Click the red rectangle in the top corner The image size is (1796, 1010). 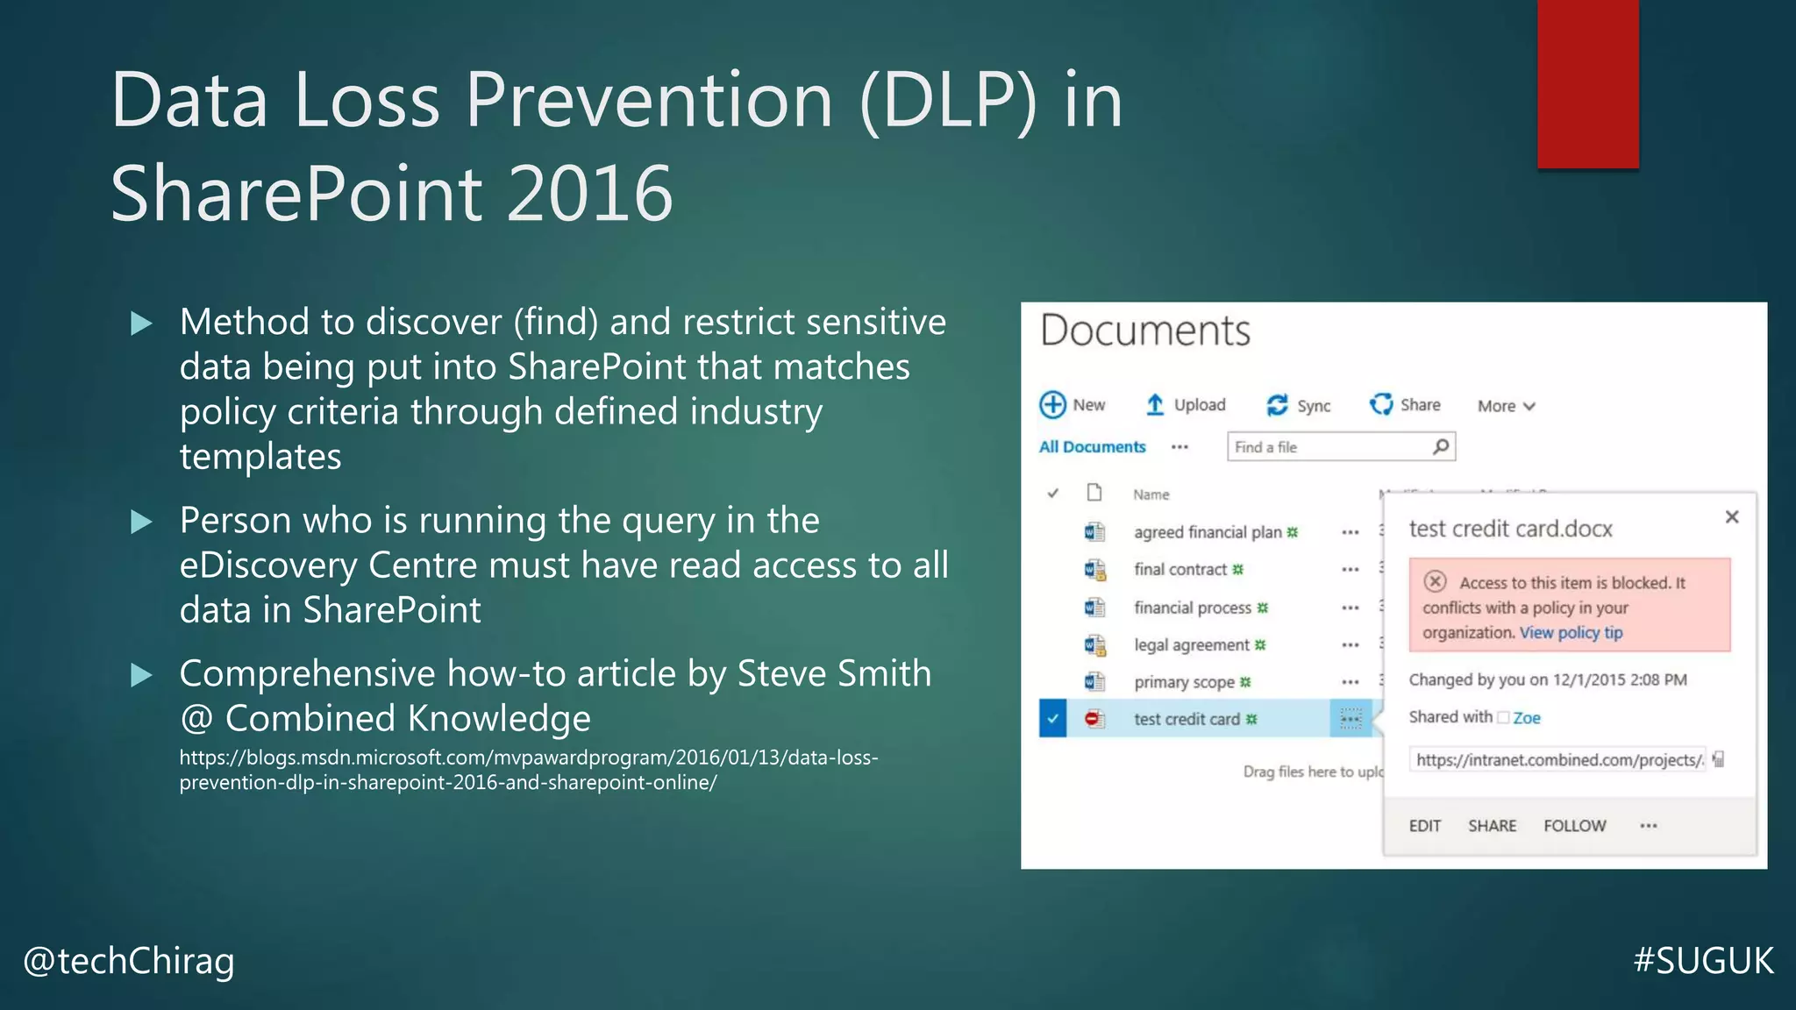point(1587,83)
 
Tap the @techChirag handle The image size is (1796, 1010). point(129,961)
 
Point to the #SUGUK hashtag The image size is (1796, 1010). point(1703,961)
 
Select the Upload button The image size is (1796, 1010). point(1186,405)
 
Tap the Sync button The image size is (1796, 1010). point(1299,405)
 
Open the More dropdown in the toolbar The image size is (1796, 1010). point(1506,406)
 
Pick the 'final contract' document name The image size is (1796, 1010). point(1180,570)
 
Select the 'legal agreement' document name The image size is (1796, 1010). point(1191,645)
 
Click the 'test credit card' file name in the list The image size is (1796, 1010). point(1187,720)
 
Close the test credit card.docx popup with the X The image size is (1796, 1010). point(1731,517)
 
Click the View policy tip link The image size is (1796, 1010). point(1571,633)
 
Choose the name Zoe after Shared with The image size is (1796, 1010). point(1526,718)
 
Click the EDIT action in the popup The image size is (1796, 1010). point(1424,826)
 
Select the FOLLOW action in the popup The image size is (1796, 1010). point(1574,826)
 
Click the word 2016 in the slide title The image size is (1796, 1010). point(589,194)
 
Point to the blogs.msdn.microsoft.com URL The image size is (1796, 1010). point(528,770)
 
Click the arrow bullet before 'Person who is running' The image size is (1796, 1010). point(141,523)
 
